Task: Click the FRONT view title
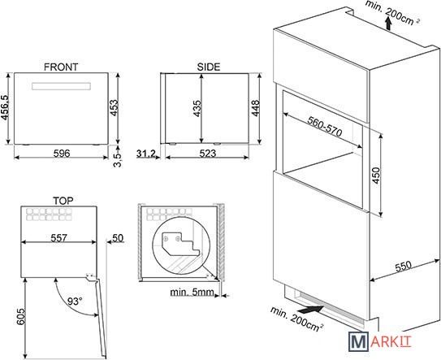[x=61, y=67]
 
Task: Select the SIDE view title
[x=209, y=67]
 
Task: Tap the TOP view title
[x=63, y=201]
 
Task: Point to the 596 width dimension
[x=62, y=154]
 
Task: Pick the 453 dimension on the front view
[x=114, y=107]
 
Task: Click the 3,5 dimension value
[x=118, y=159]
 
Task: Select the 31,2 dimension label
[x=146, y=154]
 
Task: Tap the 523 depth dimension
[x=208, y=154]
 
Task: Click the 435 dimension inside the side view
[x=197, y=108]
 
